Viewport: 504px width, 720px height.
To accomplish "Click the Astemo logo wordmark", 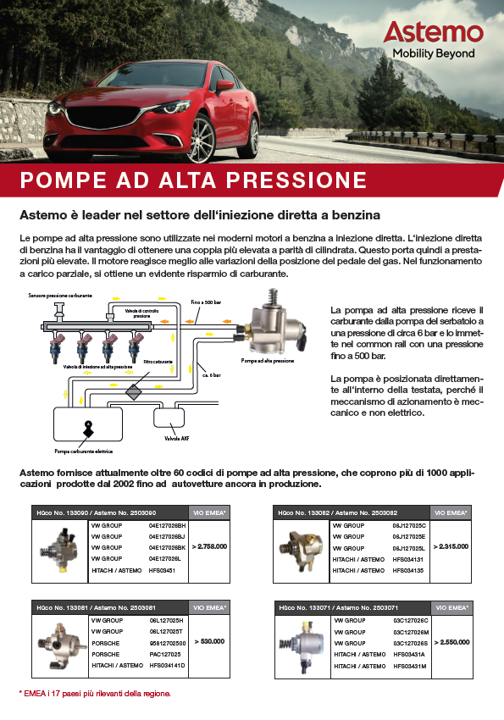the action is click(433, 33).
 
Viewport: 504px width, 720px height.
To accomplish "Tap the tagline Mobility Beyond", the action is click(433, 53).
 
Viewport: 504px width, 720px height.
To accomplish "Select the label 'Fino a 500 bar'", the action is click(206, 302).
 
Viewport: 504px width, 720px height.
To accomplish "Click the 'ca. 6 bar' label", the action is click(211, 374).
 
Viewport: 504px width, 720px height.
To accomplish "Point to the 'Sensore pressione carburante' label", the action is click(60, 296).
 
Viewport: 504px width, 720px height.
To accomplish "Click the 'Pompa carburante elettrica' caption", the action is click(84, 451).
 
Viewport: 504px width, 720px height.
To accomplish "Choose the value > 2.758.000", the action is click(209, 547).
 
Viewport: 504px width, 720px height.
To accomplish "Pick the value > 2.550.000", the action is click(451, 643).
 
